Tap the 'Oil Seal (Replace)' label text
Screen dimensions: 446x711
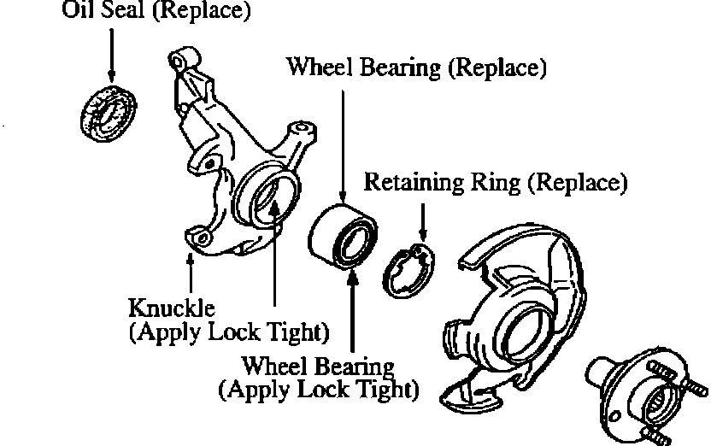[157, 12]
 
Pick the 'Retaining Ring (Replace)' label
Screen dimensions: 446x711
[496, 182]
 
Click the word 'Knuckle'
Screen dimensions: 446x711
[172, 306]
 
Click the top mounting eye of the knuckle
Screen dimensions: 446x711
[181, 62]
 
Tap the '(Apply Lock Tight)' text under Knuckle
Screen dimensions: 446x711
[229, 332]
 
